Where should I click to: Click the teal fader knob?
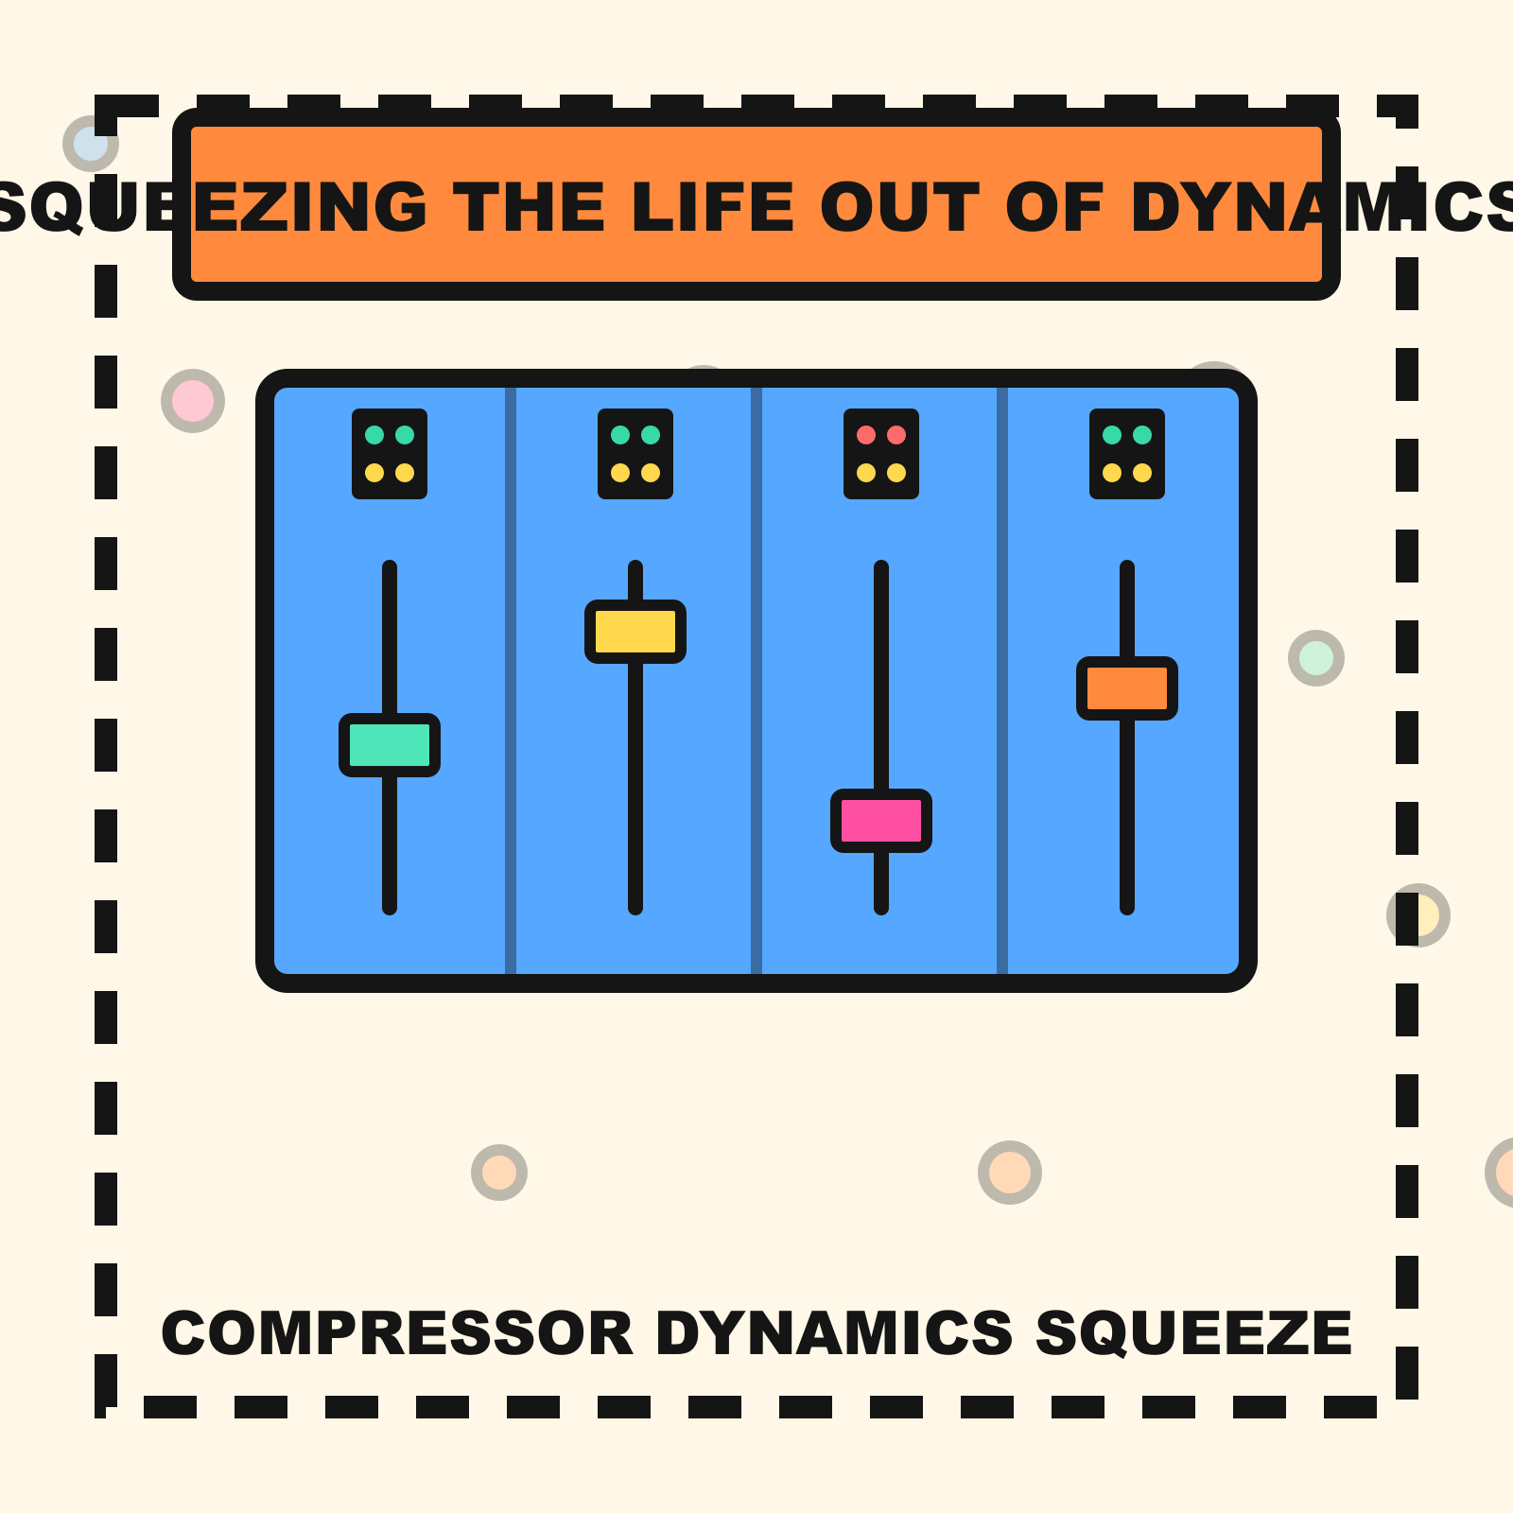[390, 745]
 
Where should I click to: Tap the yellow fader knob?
[635, 632]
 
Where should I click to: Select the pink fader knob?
[881, 821]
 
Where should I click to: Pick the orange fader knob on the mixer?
[1127, 688]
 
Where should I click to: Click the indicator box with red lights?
[881, 454]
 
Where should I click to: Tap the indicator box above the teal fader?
[390, 454]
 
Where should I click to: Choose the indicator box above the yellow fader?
[635, 454]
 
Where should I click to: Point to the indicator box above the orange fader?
[1127, 454]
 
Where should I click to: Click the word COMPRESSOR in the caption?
[397, 1333]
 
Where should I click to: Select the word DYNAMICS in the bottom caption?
[834, 1333]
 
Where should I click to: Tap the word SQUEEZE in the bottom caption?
[1193, 1333]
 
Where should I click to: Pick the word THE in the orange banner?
[530, 208]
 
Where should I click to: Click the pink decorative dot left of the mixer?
[193, 401]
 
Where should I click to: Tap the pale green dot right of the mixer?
[1316, 658]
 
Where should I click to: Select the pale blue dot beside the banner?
[91, 144]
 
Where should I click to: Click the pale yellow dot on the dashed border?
[1418, 915]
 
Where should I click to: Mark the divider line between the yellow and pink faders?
[756, 681]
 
